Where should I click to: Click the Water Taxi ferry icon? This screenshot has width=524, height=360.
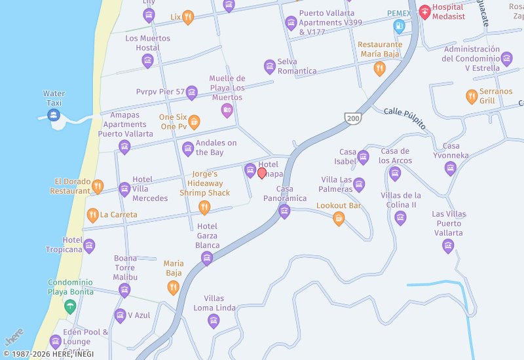point(54,115)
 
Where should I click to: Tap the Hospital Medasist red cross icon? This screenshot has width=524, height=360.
point(424,11)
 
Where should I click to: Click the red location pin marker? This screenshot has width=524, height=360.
point(262,173)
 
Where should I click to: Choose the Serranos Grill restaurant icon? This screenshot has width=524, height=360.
point(472,96)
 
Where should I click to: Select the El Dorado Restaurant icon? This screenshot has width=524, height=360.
point(98,187)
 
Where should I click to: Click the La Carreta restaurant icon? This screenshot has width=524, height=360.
point(93,215)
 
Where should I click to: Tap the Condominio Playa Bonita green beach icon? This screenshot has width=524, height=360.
point(70,306)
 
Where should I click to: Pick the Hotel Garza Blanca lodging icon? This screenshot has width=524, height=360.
point(207,258)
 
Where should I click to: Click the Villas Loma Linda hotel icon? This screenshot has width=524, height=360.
point(213,321)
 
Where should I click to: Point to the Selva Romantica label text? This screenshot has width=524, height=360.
point(297,66)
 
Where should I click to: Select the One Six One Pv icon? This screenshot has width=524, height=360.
point(194,122)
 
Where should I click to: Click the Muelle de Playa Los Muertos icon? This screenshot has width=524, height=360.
point(227,110)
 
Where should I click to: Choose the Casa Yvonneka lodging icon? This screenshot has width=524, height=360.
point(451,168)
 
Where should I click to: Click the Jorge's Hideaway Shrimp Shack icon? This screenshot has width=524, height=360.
point(204,207)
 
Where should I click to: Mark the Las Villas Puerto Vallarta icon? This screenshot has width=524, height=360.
point(448,245)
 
